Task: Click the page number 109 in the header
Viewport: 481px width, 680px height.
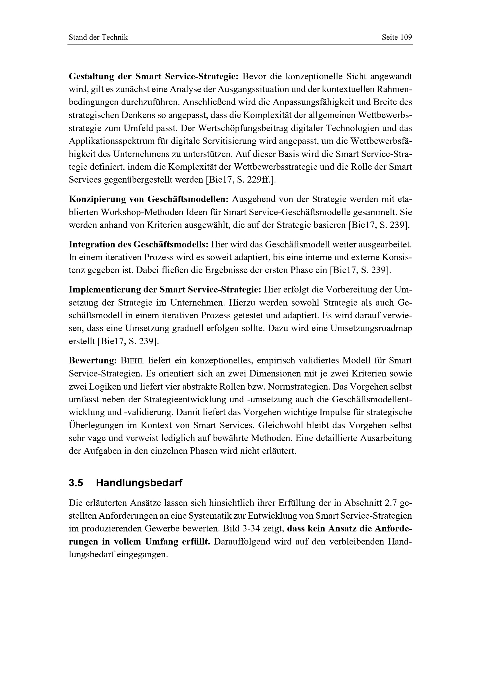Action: tap(406, 37)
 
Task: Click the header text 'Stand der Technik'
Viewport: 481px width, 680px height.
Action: tap(98, 37)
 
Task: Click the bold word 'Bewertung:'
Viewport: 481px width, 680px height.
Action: tap(93, 361)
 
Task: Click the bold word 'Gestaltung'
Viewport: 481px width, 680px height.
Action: tap(91, 76)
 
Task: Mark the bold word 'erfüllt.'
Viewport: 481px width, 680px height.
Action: tap(195, 542)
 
